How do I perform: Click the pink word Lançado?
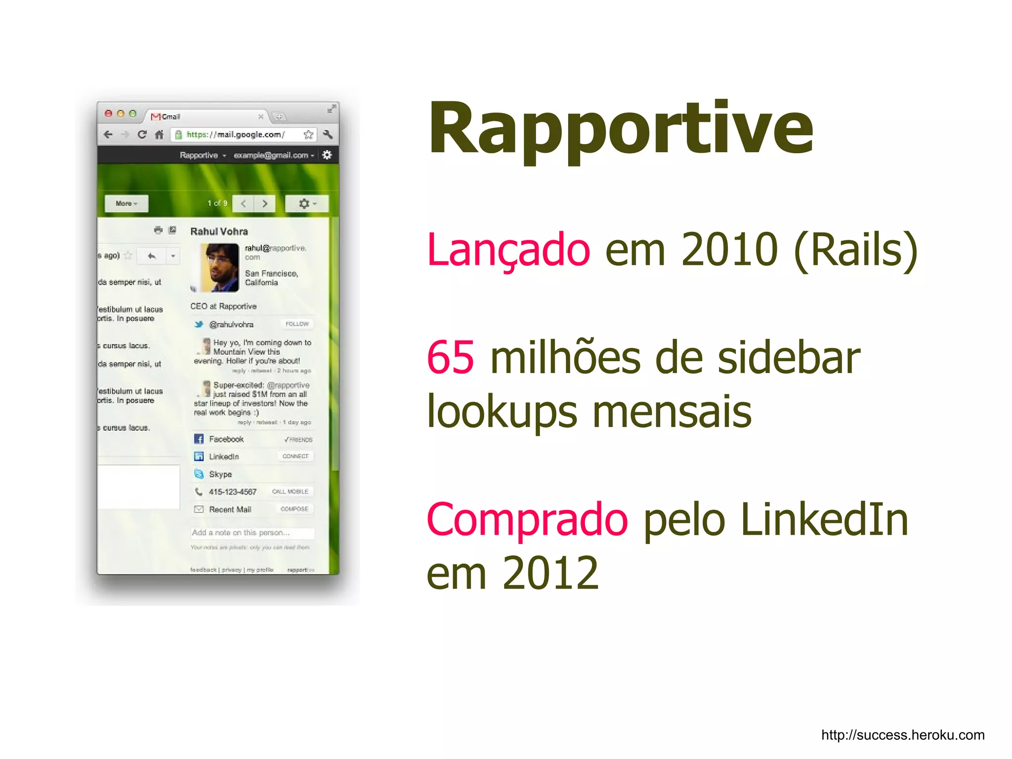click(508, 250)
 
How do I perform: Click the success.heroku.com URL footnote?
click(902, 735)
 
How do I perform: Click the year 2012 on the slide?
click(550, 573)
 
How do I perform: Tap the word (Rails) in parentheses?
click(855, 250)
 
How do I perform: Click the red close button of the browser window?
click(108, 114)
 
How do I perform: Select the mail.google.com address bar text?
click(236, 134)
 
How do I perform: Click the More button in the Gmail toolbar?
click(126, 204)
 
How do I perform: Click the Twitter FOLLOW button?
click(297, 324)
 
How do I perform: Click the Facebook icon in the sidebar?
click(199, 439)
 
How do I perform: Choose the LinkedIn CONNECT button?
click(295, 457)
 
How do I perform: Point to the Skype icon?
click(199, 474)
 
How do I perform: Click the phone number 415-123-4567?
click(233, 492)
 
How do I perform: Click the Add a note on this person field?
click(252, 533)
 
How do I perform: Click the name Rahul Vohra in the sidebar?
click(219, 231)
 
